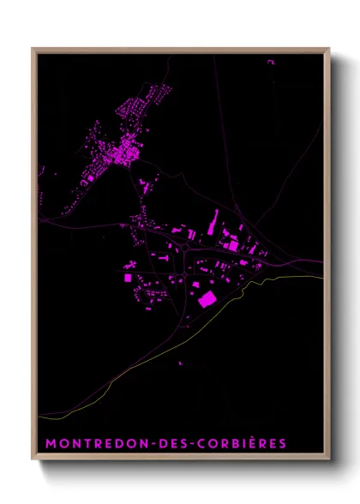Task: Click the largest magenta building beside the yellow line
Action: click(x=207, y=298)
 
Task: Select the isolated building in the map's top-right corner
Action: click(x=271, y=62)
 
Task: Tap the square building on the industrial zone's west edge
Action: click(x=129, y=277)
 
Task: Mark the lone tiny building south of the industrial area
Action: click(x=181, y=363)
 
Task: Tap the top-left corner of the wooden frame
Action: click(x=33, y=49)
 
